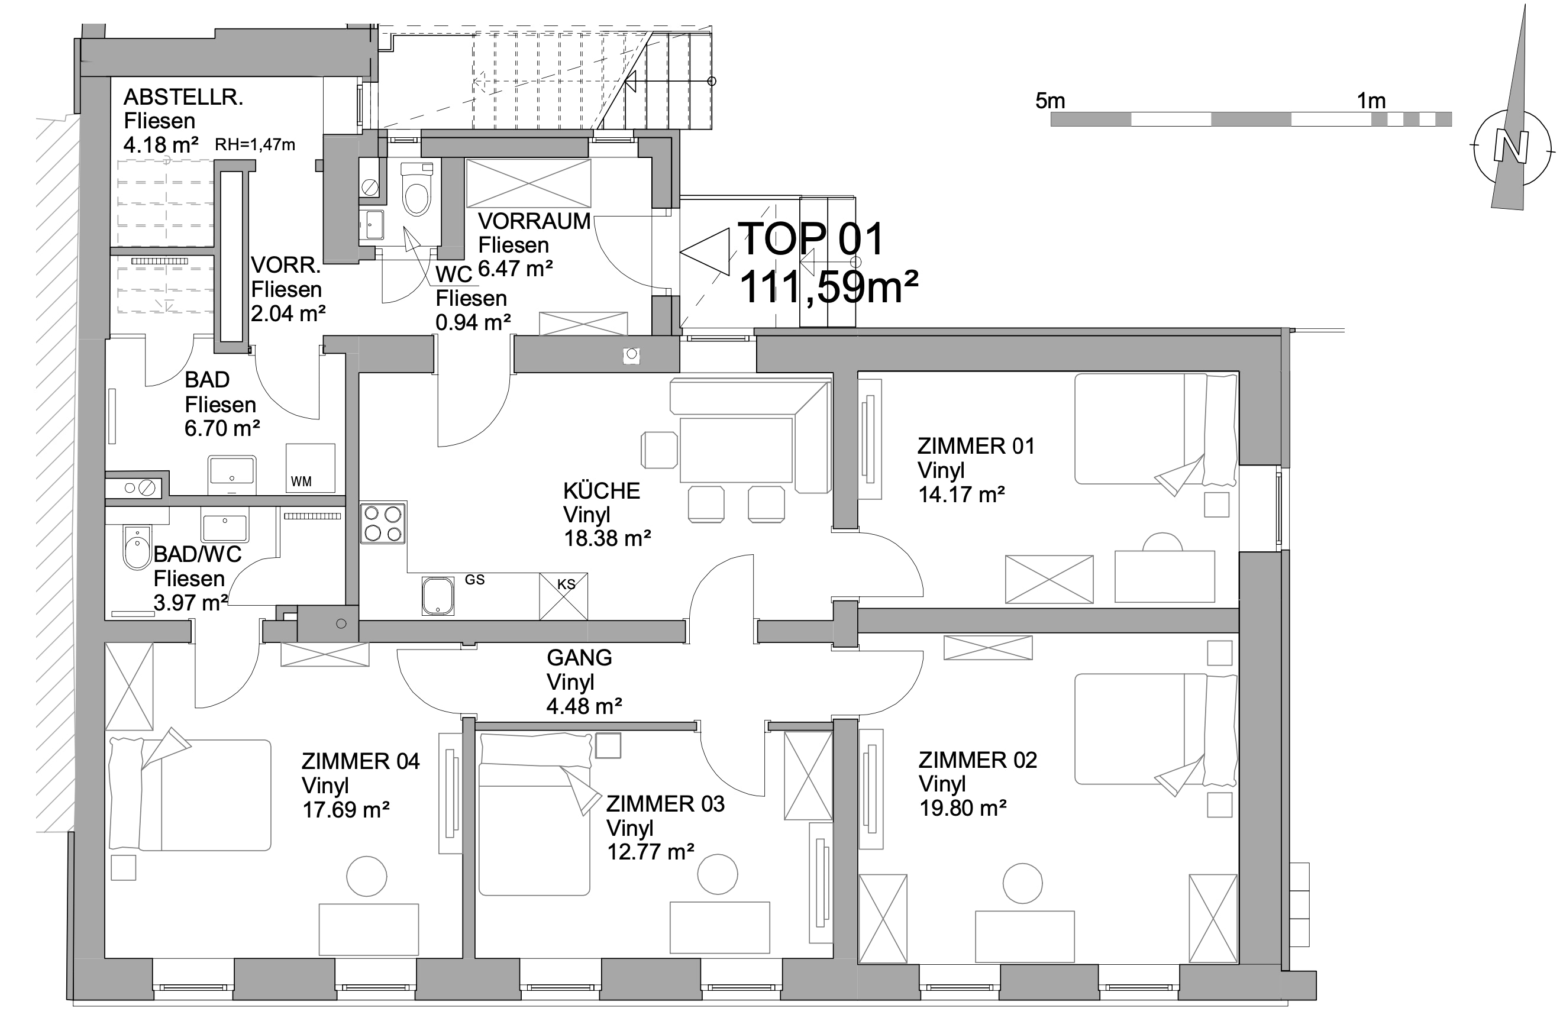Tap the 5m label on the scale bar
[1049, 101]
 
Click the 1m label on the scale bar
[1371, 101]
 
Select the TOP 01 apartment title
[811, 239]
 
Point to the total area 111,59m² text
[828, 287]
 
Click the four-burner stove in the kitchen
[383, 523]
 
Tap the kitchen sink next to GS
[438, 596]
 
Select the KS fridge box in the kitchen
[563, 596]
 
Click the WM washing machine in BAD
[310, 468]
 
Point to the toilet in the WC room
[416, 190]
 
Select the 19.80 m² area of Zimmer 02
[963, 807]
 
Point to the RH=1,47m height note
[255, 144]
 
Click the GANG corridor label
[579, 657]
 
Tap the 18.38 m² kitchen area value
[608, 538]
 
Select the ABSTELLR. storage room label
[183, 97]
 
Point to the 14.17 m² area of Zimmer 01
[961, 494]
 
